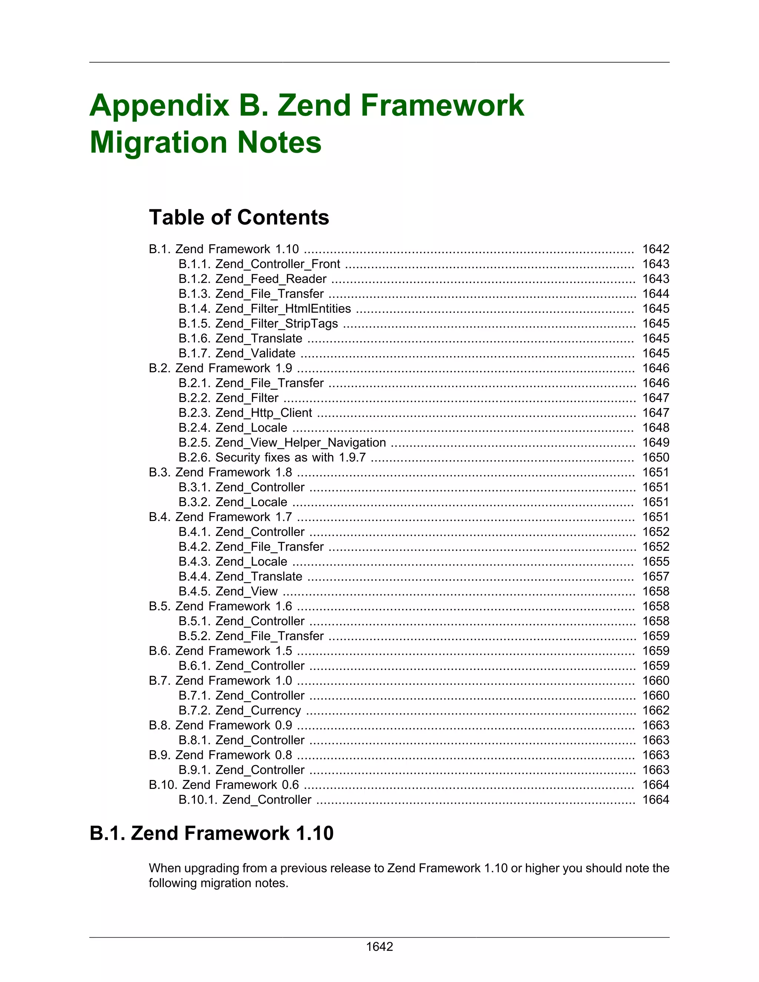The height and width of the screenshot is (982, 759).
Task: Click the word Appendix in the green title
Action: (159, 106)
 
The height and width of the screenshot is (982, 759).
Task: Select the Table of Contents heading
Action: (239, 217)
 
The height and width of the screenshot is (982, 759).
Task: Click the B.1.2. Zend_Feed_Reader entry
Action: (252, 279)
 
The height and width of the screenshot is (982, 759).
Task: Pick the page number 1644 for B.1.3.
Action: (655, 293)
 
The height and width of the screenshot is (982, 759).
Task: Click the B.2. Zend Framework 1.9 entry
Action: (221, 368)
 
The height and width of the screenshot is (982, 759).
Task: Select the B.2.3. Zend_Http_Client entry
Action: (245, 413)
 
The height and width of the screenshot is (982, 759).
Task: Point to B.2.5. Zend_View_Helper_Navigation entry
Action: (282, 442)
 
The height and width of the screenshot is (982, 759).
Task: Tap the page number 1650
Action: (655, 457)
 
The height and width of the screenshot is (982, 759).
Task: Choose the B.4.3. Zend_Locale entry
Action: (232, 561)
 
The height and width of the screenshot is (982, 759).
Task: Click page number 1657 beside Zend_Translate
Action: (655, 577)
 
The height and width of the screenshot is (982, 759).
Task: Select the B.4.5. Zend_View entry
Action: (228, 591)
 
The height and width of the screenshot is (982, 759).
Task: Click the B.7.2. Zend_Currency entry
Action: (240, 710)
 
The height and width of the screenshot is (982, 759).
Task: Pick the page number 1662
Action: (655, 710)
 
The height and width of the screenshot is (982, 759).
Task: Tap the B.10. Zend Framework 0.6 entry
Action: (223, 784)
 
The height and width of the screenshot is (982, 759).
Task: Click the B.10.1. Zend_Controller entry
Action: (245, 799)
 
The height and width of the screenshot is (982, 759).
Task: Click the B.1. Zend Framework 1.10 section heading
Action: (211, 833)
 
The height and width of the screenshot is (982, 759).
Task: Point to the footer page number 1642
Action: (379, 946)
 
